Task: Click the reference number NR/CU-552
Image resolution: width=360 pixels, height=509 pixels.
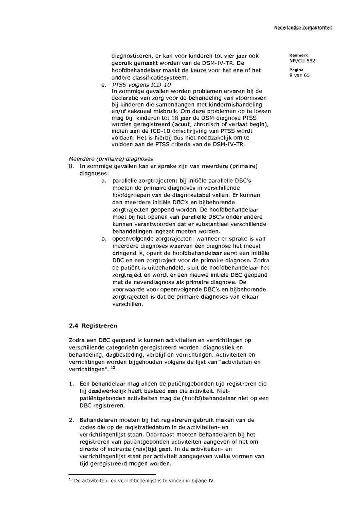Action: click(302, 61)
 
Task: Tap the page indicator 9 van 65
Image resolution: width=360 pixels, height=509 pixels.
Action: click(300, 75)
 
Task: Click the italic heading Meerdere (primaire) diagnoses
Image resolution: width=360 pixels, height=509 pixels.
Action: click(111, 159)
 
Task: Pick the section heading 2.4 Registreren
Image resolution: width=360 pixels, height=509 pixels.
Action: click(93, 325)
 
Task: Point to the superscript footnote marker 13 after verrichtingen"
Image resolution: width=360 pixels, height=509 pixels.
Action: click(113, 368)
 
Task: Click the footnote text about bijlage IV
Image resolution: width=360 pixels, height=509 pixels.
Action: click(144, 481)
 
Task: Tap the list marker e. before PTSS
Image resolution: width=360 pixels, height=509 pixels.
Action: click(103, 85)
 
